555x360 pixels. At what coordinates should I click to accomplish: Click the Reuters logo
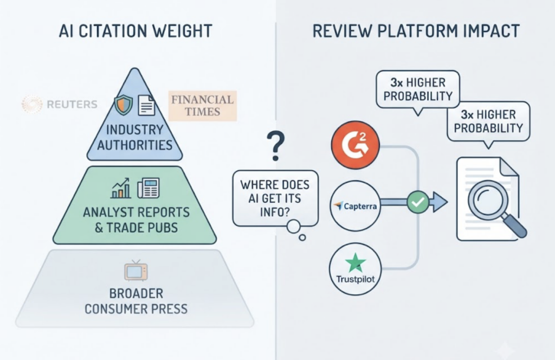tap(60, 104)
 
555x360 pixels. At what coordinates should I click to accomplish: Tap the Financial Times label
tap(203, 106)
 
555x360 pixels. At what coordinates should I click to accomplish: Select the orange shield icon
tap(124, 105)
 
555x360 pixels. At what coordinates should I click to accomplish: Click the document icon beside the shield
tap(146, 105)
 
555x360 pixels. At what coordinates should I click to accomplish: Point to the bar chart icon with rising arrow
tap(120, 188)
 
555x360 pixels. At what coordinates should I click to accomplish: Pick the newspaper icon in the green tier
tap(149, 188)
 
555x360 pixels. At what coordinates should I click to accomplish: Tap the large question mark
tap(276, 146)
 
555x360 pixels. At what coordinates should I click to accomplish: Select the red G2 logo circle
tap(356, 145)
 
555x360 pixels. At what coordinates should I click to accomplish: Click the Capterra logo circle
tap(356, 206)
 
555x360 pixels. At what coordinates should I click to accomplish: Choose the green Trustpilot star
tap(356, 263)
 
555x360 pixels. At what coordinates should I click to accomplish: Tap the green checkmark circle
tap(418, 202)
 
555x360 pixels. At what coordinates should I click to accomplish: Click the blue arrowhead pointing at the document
tap(440, 202)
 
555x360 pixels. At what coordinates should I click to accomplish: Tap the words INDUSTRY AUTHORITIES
tap(135, 137)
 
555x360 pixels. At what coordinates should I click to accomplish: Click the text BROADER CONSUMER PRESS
tap(136, 301)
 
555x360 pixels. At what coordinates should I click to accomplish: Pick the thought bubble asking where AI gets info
tap(275, 198)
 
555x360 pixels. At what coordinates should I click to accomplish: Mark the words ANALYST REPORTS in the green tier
tap(136, 213)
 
